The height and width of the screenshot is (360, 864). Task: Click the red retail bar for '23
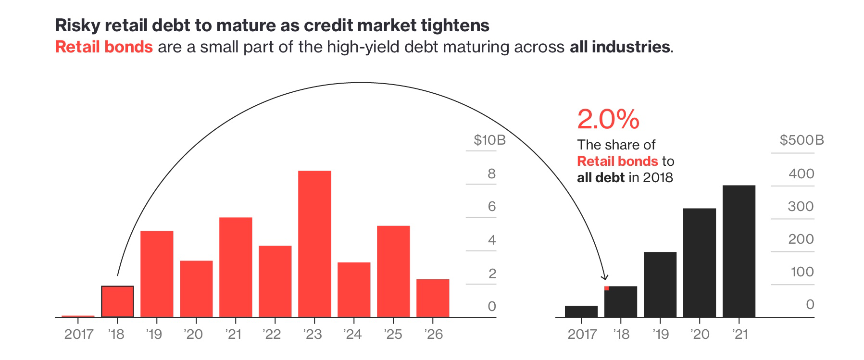pyautogui.click(x=314, y=244)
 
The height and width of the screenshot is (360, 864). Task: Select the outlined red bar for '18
pyautogui.click(x=117, y=301)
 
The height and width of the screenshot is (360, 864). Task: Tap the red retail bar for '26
pyautogui.click(x=433, y=298)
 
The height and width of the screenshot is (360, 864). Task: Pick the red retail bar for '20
pyautogui.click(x=196, y=288)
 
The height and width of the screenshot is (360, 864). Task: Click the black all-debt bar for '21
pyautogui.click(x=739, y=251)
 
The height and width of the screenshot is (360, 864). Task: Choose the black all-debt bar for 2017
pyautogui.click(x=581, y=311)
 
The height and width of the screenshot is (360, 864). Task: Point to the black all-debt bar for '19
pyautogui.click(x=660, y=285)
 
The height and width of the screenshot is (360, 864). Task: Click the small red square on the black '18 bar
pyautogui.click(x=607, y=288)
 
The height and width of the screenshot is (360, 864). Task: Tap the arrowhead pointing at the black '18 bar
pyautogui.click(x=605, y=277)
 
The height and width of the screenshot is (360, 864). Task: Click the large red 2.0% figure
pyautogui.click(x=608, y=119)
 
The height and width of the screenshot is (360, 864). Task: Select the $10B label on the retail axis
pyautogui.click(x=489, y=140)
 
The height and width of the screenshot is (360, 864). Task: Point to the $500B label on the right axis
pyautogui.click(x=801, y=140)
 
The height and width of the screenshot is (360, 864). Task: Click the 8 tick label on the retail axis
pyautogui.click(x=491, y=174)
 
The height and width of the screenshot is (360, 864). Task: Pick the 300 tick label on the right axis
pyautogui.click(x=801, y=206)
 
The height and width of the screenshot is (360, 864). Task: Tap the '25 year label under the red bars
pyautogui.click(x=393, y=334)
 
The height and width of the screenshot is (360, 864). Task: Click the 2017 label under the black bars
pyautogui.click(x=582, y=334)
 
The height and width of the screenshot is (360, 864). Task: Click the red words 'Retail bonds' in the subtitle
pyautogui.click(x=104, y=47)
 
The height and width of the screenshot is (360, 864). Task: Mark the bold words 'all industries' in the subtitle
pyautogui.click(x=619, y=47)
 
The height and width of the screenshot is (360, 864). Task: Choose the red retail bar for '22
pyautogui.click(x=275, y=281)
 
